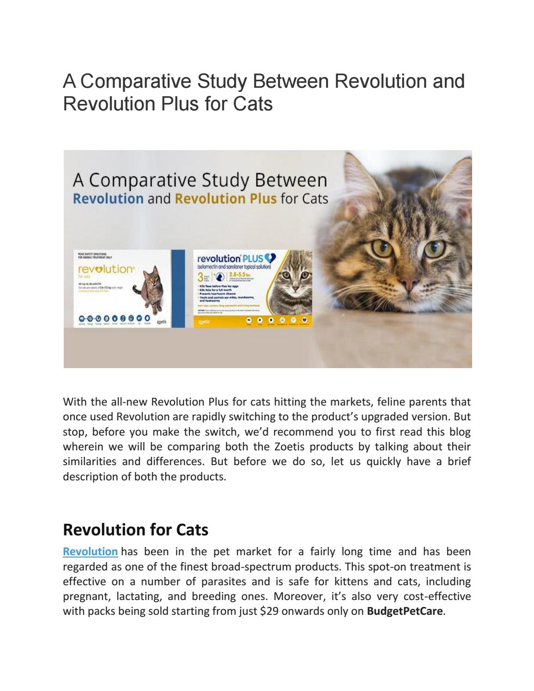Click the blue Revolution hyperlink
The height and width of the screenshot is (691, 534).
coord(90,552)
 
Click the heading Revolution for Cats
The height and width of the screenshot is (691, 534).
coord(135,529)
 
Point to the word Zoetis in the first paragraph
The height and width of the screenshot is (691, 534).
coord(323,447)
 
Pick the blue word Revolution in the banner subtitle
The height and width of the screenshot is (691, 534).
coord(109,199)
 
